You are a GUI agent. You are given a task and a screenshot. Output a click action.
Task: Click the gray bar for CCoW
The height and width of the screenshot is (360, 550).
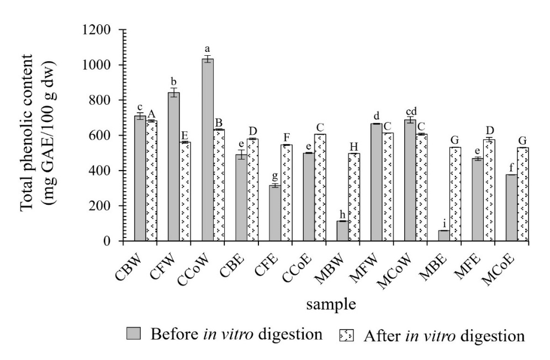[x=207, y=150]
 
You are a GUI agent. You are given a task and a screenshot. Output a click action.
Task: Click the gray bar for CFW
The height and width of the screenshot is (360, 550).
[x=173, y=166]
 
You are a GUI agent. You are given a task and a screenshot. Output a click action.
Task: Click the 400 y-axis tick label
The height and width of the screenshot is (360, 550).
[x=102, y=171]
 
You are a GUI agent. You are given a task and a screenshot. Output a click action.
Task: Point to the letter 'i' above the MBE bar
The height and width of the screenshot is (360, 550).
[x=444, y=223]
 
